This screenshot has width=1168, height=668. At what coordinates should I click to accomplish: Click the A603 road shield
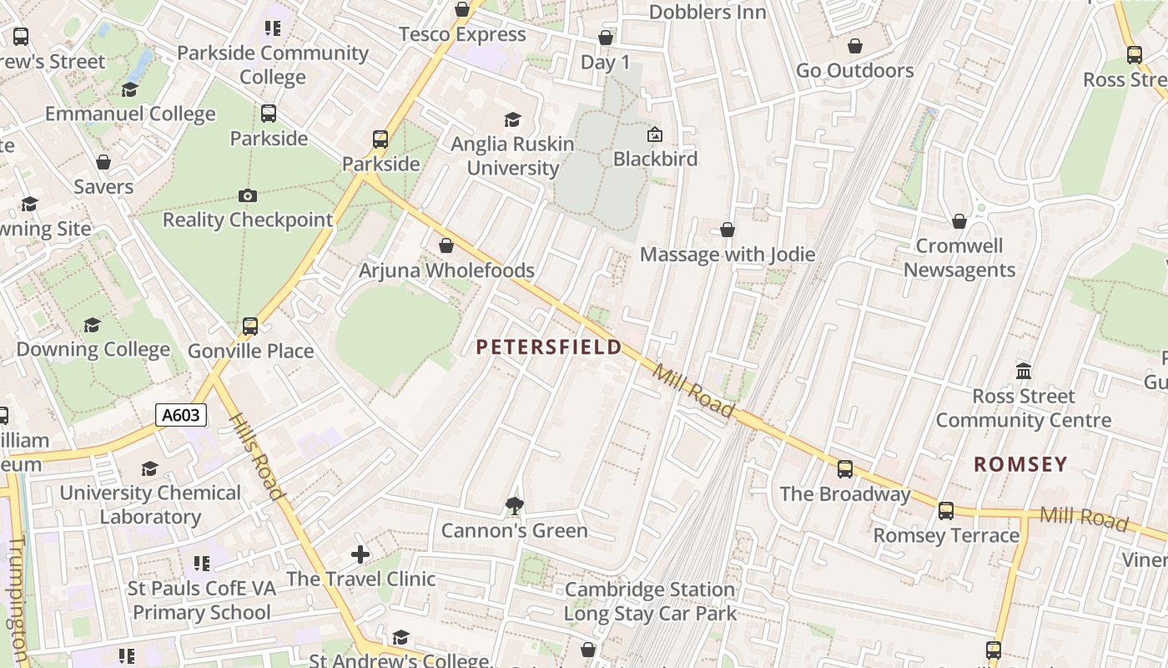pyautogui.click(x=181, y=415)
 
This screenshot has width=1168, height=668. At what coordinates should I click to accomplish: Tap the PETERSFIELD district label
pyautogui.click(x=549, y=347)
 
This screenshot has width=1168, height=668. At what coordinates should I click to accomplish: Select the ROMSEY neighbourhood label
pyautogui.click(x=1020, y=464)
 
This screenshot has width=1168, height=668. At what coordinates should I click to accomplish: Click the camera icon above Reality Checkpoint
pyautogui.click(x=248, y=195)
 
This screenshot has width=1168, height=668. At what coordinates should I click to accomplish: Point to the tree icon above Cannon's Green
pyautogui.click(x=514, y=504)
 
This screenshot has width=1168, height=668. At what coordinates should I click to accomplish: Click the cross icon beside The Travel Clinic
pyautogui.click(x=360, y=554)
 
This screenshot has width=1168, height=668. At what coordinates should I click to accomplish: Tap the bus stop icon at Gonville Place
pyautogui.click(x=250, y=326)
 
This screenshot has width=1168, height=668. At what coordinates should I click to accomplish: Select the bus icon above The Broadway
pyautogui.click(x=845, y=468)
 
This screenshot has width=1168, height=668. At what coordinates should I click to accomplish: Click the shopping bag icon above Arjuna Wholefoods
pyautogui.click(x=446, y=245)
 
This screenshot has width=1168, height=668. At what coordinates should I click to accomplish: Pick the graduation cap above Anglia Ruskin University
pyautogui.click(x=512, y=120)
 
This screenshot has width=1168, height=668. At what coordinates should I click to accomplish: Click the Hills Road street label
pyautogui.click(x=256, y=457)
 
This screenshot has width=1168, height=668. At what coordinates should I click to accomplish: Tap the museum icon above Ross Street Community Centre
pyautogui.click(x=1024, y=371)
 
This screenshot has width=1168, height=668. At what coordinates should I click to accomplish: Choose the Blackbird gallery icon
pyautogui.click(x=655, y=134)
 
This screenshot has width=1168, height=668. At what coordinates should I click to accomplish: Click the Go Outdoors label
pyautogui.click(x=854, y=70)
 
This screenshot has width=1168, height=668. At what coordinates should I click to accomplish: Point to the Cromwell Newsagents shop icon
pyautogui.click(x=959, y=221)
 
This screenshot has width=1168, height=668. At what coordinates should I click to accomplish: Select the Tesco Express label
pyautogui.click(x=462, y=34)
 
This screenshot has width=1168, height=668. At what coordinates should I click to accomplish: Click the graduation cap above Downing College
pyautogui.click(x=93, y=325)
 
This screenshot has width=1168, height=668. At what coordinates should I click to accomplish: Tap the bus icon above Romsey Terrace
pyautogui.click(x=946, y=510)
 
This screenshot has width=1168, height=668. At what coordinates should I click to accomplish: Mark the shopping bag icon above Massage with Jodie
pyautogui.click(x=727, y=230)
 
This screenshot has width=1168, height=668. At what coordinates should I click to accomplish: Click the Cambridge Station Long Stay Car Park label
pyautogui.click(x=650, y=601)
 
